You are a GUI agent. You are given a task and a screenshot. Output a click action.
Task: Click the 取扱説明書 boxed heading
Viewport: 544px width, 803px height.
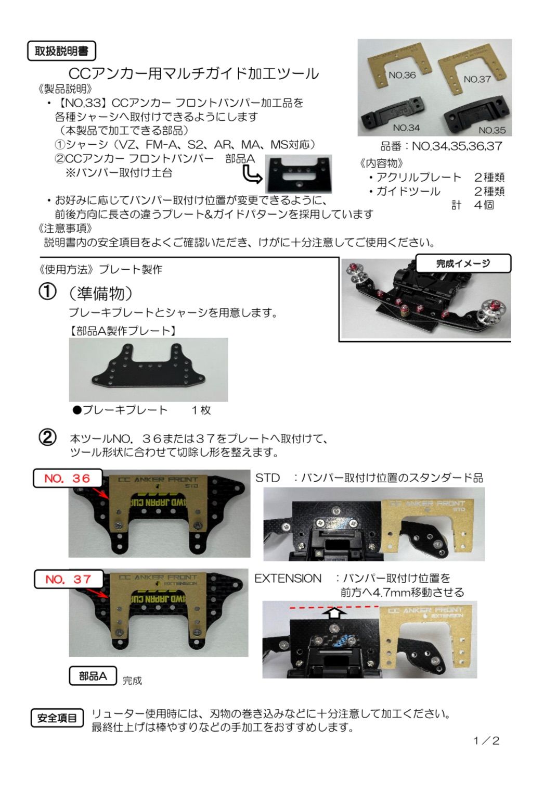61,51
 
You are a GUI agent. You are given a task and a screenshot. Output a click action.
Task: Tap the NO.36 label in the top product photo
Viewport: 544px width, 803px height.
402,75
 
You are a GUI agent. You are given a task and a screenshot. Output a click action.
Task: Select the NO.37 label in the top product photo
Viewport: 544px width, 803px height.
477,79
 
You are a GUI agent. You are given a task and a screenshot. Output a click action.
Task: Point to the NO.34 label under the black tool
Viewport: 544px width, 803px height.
406,128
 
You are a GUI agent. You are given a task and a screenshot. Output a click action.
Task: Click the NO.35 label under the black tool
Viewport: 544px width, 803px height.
491,130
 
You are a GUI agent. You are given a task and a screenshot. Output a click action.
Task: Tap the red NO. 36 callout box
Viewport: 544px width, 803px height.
68,478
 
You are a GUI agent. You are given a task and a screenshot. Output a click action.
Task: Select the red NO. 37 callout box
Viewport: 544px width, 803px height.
68,579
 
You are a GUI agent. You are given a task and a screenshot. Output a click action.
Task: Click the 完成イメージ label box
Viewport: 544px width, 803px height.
463,264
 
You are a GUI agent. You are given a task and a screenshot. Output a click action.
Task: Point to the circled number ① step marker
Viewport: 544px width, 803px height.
48,292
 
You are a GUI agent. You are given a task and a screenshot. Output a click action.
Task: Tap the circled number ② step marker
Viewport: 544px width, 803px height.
48,438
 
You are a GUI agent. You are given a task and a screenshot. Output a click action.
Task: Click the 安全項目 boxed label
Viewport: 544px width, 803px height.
57,718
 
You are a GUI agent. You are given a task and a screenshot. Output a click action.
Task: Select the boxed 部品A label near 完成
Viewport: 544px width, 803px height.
93,676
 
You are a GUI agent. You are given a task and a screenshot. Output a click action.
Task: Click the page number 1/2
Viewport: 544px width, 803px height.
486,741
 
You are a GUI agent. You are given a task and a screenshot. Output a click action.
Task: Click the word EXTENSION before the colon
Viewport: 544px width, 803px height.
288,578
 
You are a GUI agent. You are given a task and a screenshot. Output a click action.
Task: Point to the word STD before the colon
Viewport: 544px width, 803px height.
267,478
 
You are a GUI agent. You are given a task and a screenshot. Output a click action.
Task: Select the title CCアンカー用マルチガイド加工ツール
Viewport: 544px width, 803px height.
193,73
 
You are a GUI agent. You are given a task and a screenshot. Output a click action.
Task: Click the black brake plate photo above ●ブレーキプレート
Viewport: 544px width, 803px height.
148,369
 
